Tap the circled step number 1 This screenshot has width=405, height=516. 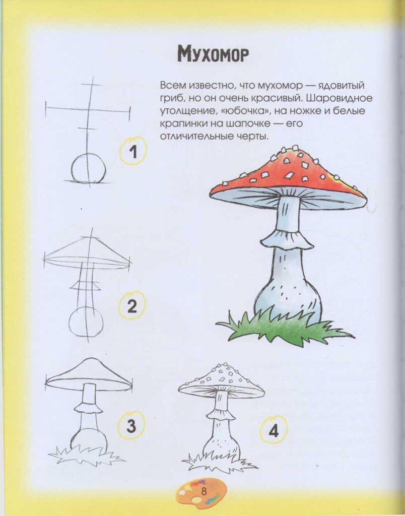(132, 152)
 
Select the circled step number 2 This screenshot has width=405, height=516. (132, 306)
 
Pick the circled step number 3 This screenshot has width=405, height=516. (131, 426)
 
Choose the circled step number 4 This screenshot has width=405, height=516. (274, 431)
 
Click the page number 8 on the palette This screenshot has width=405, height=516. (204, 493)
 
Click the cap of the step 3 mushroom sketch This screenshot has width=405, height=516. (89, 375)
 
